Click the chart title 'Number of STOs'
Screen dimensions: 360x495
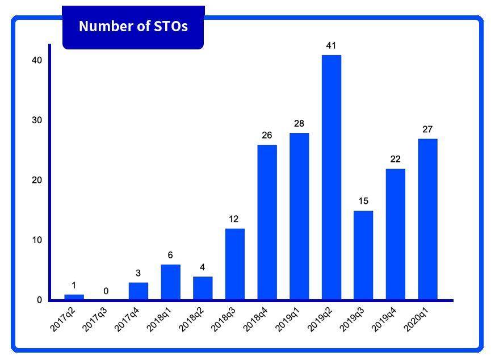click(133, 26)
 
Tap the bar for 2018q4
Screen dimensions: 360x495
click(267, 222)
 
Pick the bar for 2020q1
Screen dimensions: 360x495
click(427, 219)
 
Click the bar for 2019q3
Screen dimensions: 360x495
click(363, 255)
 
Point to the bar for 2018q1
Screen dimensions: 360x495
click(170, 282)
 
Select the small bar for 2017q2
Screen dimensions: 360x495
click(74, 297)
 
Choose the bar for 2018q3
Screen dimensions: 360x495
click(234, 264)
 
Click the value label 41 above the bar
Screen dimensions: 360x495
click(332, 45)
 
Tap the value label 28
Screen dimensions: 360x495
click(299, 123)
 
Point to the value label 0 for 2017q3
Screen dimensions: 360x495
click(106, 291)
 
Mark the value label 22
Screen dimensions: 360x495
click(396, 159)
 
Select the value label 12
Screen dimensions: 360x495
click(234, 219)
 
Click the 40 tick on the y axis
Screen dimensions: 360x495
click(37, 60)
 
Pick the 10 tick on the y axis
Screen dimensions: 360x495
click(37, 240)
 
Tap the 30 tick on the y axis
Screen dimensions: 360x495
click(37, 120)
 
